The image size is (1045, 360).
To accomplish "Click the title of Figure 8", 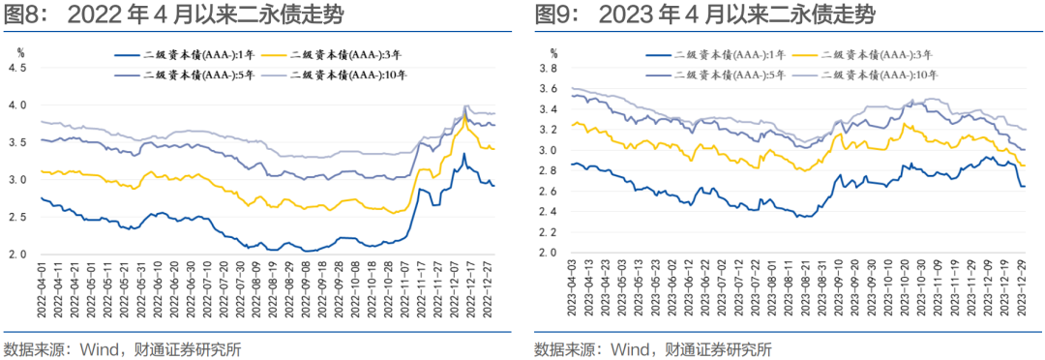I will (174, 15).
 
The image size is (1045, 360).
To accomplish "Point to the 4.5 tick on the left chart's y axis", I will (16, 67).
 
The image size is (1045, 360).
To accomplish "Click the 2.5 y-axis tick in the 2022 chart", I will (16, 218).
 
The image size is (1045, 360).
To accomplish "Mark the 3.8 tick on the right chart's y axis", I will (549, 69).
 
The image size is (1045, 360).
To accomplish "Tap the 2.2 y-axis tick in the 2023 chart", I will (549, 232).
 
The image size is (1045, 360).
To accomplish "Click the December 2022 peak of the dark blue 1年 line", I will (463, 153).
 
